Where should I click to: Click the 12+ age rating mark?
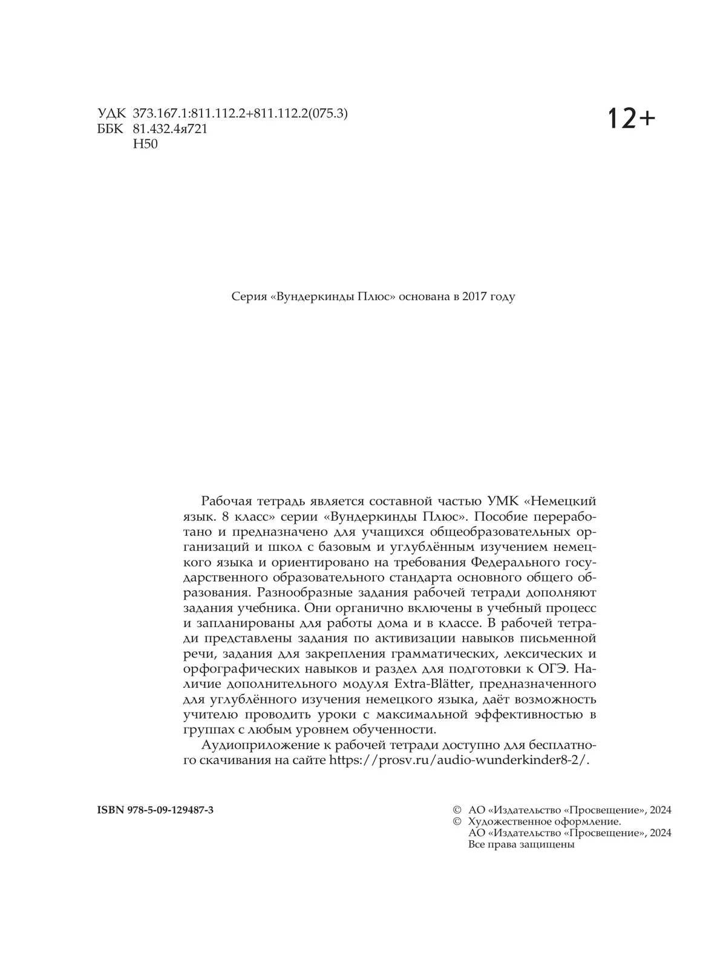pos(631,118)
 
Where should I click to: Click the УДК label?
pos(111,114)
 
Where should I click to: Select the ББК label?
pos(111,129)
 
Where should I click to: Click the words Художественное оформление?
pos(544,821)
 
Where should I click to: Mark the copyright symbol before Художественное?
pos(457,821)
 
